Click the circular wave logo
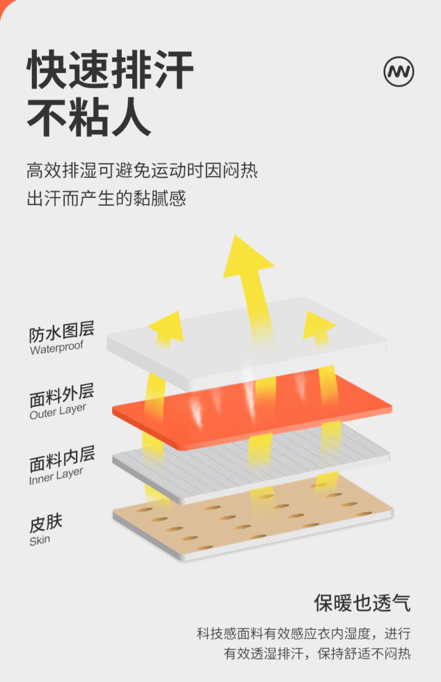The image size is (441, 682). point(399,71)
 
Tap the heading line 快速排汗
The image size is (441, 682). point(110,69)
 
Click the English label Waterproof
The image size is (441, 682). point(56,347)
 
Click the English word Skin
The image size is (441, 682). point(40,540)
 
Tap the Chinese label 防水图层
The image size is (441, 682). point(61,332)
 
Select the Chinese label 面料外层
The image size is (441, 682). point(61,395)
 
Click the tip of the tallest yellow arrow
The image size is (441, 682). point(235,236)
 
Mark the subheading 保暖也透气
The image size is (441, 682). point(362,603)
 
